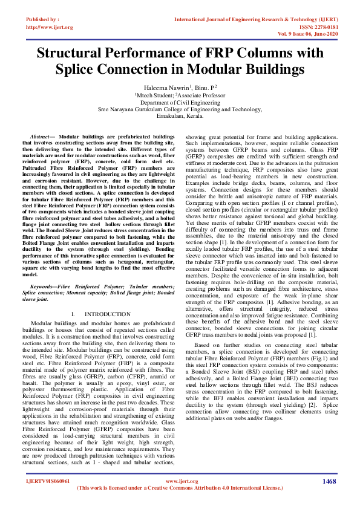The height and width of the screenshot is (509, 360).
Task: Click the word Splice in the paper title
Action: (77, 69)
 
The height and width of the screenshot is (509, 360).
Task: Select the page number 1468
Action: (329, 481)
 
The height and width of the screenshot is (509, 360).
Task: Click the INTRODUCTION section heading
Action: (114, 314)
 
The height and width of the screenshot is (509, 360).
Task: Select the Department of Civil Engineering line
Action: (180, 102)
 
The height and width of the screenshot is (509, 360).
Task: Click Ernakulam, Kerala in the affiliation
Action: (180, 116)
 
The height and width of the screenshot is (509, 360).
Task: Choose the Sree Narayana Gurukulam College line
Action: (180, 109)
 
